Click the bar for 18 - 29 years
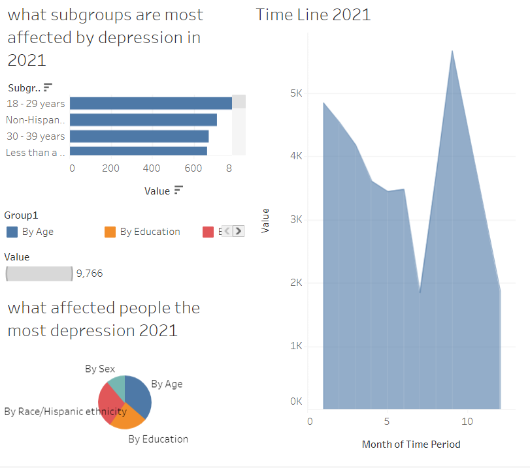pos(150,103)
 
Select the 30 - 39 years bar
pos(139,136)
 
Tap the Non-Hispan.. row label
pos(36,120)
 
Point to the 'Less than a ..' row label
pos(36,152)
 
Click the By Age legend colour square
pos(12,232)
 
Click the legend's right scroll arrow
pos(239,230)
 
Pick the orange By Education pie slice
pos(127,416)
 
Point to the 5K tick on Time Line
pos(296,93)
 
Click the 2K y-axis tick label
pos(296,283)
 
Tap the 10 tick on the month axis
pos(467,422)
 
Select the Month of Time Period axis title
pos(411,445)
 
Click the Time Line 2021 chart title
pos(313,14)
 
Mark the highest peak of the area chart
pos(452,51)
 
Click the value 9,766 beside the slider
pos(90,273)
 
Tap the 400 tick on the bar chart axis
pos(152,168)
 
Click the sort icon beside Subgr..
pos(48,87)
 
